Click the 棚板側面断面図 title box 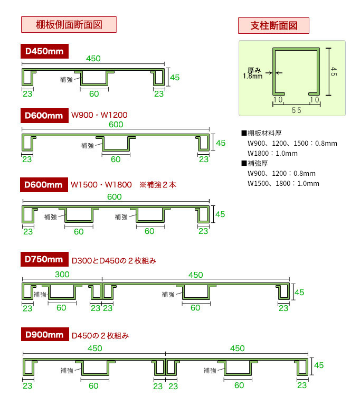pyautogui.click(x=69, y=25)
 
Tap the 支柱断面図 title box pyautogui.click(x=273, y=25)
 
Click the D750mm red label pyautogui.click(x=44, y=259)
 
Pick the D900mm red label pyautogui.click(x=44, y=335)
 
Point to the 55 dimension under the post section pyautogui.click(x=296, y=110)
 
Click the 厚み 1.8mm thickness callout pyautogui.click(x=255, y=73)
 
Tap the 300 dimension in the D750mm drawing pyautogui.click(x=62, y=275)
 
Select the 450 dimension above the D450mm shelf pyautogui.click(x=93, y=58)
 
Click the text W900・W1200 pyautogui.click(x=99, y=115)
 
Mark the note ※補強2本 pyautogui.click(x=157, y=185)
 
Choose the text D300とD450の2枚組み pyautogui.click(x=114, y=260)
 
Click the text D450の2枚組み pyautogui.click(x=100, y=335)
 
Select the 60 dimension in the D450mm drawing pyautogui.click(x=94, y=94)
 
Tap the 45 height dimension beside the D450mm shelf pyautogui.click(x=175, y=77)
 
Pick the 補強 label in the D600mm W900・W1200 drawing pyautogui.click(x=88, y=145)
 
